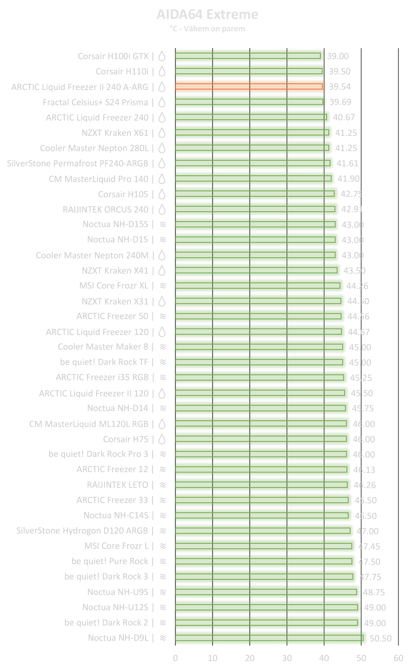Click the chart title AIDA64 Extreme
(x=207, y=15)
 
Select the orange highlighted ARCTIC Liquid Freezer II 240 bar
(x=249, y=87)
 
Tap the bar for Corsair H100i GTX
(x=248, y=56)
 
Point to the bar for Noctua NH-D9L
(x=269, y=638)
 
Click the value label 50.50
(x=381, y=638)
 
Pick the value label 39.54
(x=340, y=87)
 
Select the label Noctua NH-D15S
(x=115, y=224)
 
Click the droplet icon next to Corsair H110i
(x=162, y=71)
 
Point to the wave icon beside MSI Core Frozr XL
(x=163, y=286)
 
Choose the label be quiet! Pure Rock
(x=110, y=561)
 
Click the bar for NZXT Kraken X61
(x=252, y=132)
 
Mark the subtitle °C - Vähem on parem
(x=207, y=29)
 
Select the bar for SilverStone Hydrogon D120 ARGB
(x=263, y=531)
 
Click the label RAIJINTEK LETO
(x=117, y=485)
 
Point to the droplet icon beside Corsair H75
(x=162, y=439)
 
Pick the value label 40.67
(x=344, y=117)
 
